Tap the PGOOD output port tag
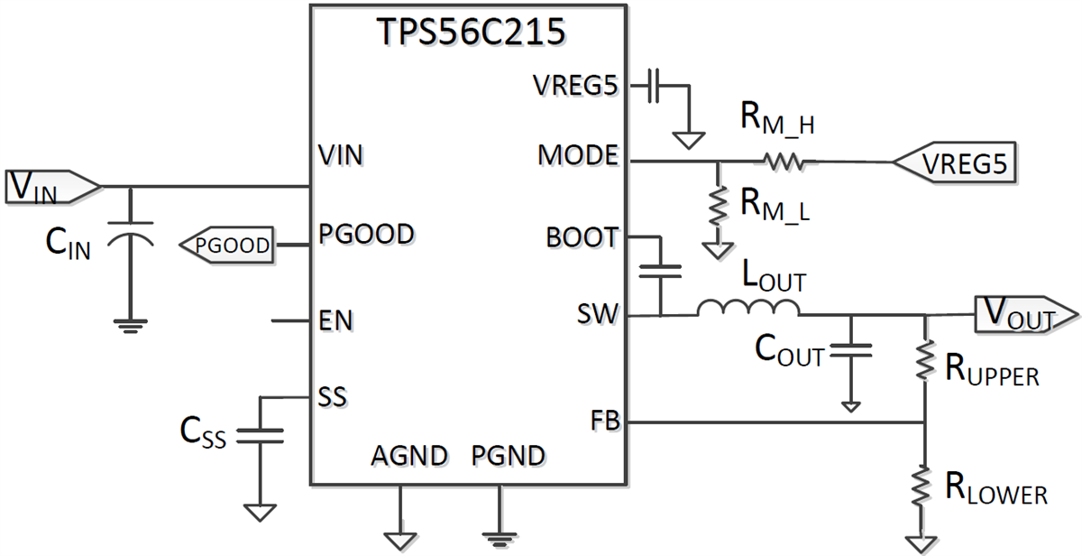(227, 245)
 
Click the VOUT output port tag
(1024, 316)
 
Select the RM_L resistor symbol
(719, 208)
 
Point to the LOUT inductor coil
(747, 309)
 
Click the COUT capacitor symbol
(849, 349)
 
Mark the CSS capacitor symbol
(260, 435)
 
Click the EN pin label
(336, 320)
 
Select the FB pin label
(604, 421)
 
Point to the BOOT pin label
(582, 238)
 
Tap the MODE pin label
(578, 156)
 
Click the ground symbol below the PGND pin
(499, 539)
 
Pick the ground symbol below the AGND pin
(399, 539)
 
